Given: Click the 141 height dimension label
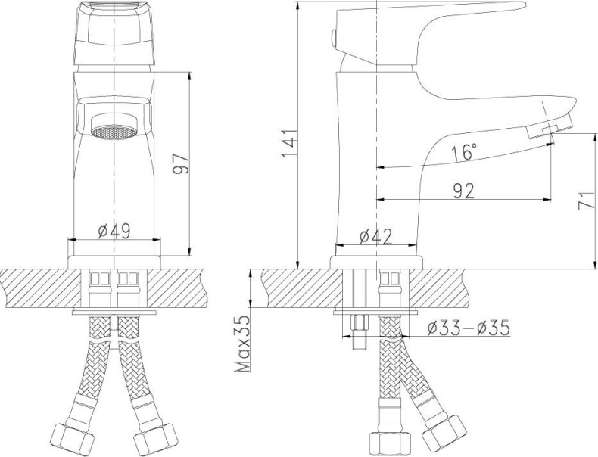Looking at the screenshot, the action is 289,143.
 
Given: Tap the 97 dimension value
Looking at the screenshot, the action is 180,164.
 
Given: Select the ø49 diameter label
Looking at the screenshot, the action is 114,231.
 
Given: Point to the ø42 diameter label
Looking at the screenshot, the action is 375,237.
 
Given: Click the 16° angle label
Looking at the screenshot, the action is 464,152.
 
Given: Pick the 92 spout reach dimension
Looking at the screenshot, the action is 464,191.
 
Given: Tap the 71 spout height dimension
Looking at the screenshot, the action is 586,200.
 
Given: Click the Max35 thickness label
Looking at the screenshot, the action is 243,344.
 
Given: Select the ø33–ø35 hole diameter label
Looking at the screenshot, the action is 469,328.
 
